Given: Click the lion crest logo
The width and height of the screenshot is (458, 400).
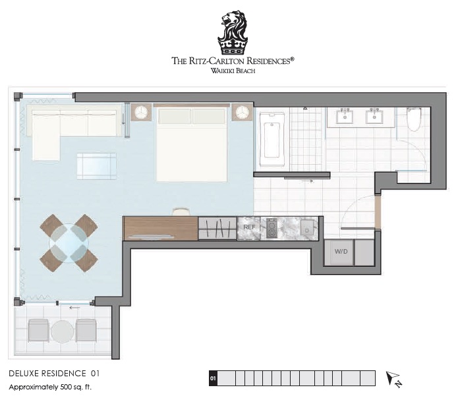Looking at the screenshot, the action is pos(233,32).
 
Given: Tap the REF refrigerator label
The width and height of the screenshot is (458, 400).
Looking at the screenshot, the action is pos(249,227).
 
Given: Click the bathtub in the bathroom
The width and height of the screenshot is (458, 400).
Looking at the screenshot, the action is pos(272,139).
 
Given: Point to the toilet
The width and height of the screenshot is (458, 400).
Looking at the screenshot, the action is pos(414,119).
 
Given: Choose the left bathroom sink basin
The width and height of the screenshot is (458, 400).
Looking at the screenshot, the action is pos(345,117).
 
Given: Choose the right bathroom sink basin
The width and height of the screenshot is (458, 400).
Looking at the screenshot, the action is pos(374,117).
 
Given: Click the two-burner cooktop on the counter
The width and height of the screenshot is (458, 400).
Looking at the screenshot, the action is pos(272,228).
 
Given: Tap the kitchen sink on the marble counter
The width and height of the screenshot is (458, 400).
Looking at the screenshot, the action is pos(306,227).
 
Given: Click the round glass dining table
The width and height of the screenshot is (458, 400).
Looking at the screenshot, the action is pos(69,243).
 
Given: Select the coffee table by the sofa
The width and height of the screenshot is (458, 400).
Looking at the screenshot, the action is pos(96,166).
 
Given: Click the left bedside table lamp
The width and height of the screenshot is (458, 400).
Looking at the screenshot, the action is pos(141,111).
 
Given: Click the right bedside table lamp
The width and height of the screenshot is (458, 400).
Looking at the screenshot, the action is pos(242,111).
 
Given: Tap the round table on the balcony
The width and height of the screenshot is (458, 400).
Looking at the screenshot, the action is pos(62,331).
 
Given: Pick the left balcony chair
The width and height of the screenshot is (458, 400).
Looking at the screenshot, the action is pos(38,330).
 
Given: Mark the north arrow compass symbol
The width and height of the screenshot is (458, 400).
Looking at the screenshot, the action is pos(393,379).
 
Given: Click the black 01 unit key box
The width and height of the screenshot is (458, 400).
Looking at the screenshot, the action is pos(213,378).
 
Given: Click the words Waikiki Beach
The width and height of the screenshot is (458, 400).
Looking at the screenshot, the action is pos(233,71).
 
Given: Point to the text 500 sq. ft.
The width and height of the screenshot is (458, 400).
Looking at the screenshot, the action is pos(76,387).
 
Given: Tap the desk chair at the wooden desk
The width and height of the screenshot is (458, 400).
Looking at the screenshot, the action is pos(181,212).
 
